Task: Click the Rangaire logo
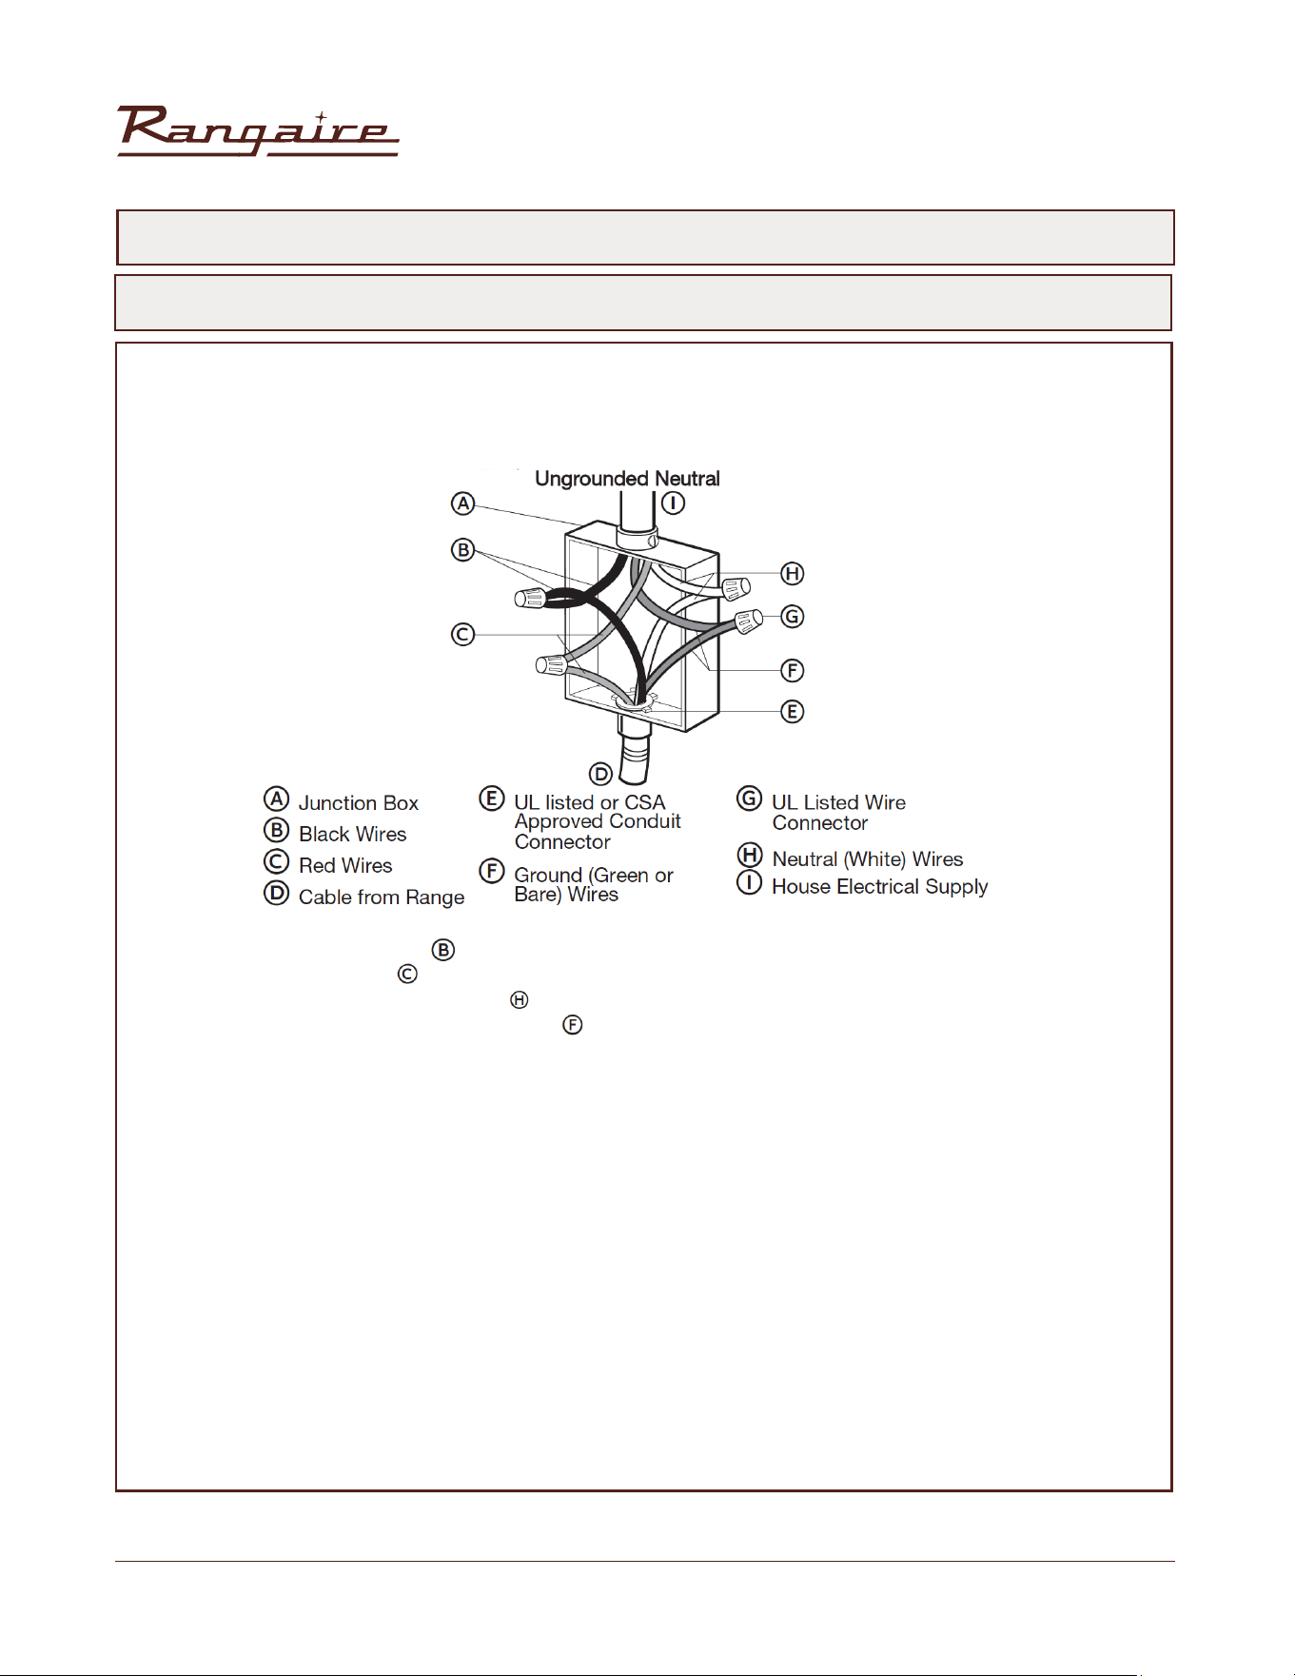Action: click(x=258, y=131)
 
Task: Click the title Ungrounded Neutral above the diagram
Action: click(x=627, y=478)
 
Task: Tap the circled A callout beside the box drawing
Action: click(x=462, y=503)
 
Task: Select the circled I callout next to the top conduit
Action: click(x=673, y=503)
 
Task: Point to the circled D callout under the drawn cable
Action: click(x=600, y=773)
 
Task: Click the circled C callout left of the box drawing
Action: click(x=462, y=634)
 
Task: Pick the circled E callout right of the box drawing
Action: click(x=792, y=711)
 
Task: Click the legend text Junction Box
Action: click(x=359, y=803)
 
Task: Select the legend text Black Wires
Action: click(x=353, y=835)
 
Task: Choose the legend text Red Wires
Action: click(x=345, y=866)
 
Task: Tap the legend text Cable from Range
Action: click(x=382, y=897)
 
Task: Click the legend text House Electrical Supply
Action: click(x=880, y=887)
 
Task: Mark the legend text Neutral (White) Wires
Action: click(x=868, y=859)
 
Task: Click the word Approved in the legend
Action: click(x=560, y=822)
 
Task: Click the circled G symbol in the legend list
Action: click(x=750, y=798)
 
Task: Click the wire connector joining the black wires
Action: click(x=530, y=598)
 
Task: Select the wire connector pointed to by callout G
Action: click(x=749, y=621)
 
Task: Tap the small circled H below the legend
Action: click(x=519, y=999)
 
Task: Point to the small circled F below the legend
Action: click(x=572, y=1025)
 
